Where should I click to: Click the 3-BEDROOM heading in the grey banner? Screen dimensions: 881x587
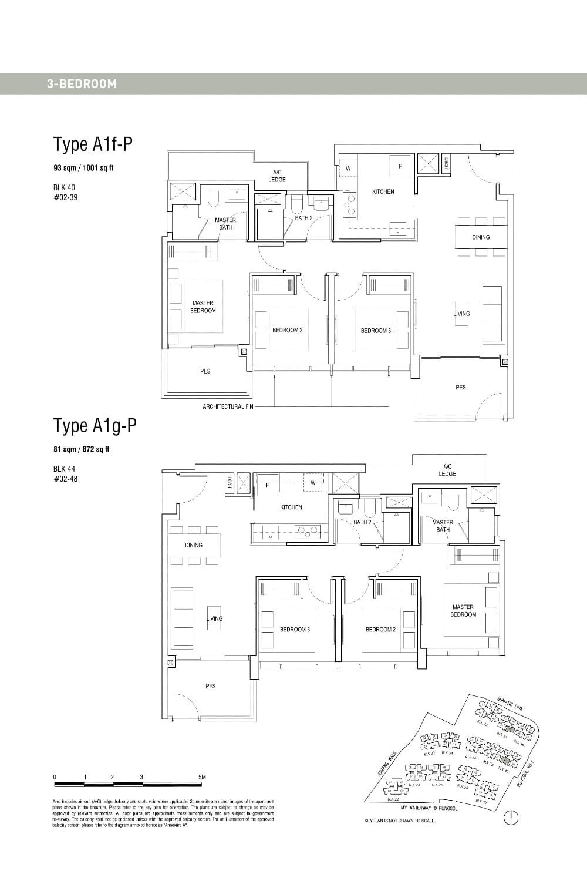82,84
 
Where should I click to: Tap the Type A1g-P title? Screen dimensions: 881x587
95,426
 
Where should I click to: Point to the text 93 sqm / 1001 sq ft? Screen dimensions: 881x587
83,168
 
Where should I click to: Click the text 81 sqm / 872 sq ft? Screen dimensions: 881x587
81,449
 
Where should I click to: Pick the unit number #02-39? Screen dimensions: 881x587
65,197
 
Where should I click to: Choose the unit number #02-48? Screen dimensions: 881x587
65,479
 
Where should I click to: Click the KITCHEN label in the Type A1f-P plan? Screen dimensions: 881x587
383,192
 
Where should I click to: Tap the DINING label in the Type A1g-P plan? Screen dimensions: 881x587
194,545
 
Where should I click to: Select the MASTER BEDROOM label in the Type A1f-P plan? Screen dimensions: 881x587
203,307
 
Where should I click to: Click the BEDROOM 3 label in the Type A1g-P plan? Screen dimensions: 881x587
295,630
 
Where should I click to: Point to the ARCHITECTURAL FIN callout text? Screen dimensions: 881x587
228,406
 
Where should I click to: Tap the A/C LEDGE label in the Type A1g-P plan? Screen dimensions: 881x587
447,470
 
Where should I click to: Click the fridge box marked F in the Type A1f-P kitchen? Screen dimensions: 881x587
400,166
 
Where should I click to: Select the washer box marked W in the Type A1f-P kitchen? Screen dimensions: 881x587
348,169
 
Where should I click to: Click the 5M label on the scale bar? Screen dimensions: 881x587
202,777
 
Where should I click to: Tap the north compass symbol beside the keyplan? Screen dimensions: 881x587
511,817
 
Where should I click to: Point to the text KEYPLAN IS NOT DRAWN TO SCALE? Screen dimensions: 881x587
400,820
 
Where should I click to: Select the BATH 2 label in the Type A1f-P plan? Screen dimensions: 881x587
303,218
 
